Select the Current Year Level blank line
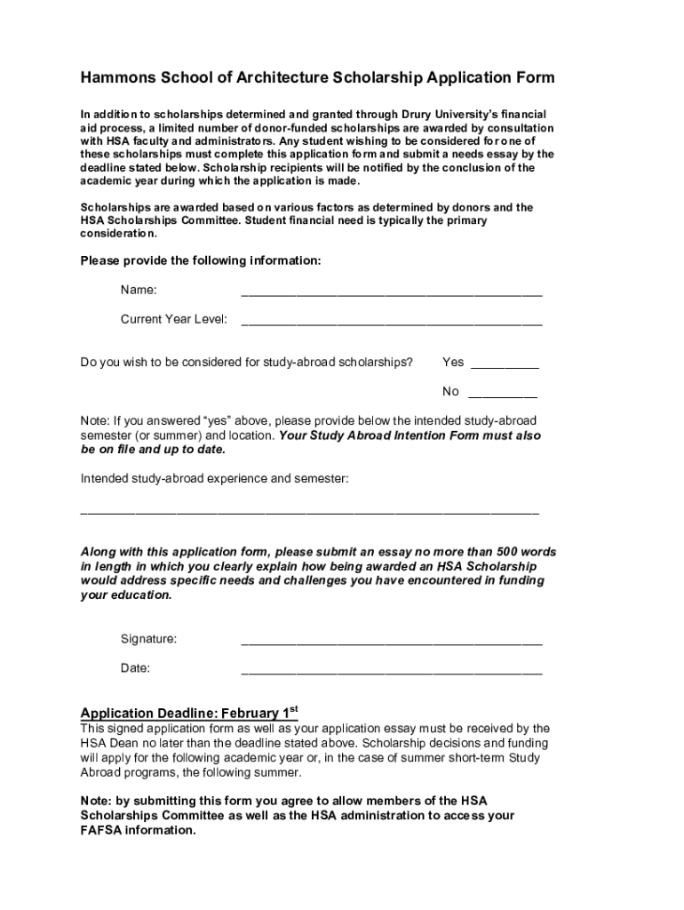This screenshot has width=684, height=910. (391, 321)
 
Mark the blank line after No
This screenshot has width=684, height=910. (502, 394)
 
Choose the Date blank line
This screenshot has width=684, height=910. (391, 670)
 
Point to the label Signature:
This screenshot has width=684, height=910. (148, 639)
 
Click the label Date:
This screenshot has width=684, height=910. (135, 668)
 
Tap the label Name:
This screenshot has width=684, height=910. (139, 290)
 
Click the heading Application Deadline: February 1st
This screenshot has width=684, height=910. (188, 713)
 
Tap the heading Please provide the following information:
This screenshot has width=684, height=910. (201, 261)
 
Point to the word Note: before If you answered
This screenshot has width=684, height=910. (95, 420)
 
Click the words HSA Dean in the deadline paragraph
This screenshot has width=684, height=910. (110, 744)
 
